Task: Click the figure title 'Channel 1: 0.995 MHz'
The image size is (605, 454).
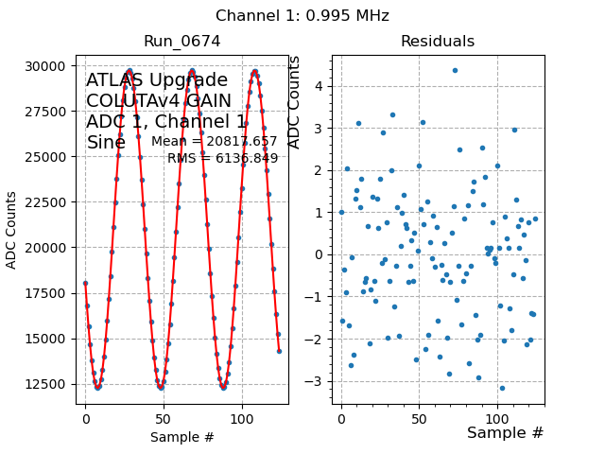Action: (302, 16)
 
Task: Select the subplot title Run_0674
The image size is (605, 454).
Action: (181, 42)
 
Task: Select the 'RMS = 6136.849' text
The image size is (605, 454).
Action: (222, 158)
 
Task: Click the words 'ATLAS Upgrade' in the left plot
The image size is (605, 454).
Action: (157, 80)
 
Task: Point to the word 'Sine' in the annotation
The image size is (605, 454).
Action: (106, 143)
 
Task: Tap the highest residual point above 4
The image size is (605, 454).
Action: (455, 70)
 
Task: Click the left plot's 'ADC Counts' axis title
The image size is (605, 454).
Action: (12, 230)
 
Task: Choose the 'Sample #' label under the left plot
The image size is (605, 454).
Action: (181, 437)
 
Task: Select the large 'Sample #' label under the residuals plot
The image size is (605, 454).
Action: (505, 432)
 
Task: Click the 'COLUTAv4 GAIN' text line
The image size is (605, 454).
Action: (159, 101)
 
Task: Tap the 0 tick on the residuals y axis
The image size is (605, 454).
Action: (320, 254)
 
